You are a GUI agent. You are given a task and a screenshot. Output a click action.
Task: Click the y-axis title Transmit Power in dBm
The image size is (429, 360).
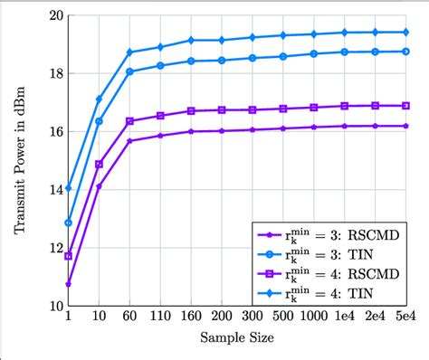point(21,161)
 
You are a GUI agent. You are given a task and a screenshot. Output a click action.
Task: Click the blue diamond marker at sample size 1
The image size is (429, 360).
point(68,188)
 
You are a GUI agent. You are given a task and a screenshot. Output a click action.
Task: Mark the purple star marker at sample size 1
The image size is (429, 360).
point(68,284)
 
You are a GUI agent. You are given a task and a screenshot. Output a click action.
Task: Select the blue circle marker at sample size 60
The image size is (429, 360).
point(129,71)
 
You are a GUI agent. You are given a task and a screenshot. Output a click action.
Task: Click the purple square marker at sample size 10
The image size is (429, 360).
point(99,165)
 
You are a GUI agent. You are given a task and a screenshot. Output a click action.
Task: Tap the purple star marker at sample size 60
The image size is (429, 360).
point(129,141)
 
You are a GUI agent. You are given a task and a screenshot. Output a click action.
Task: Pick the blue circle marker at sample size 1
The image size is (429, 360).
point(68,223)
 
